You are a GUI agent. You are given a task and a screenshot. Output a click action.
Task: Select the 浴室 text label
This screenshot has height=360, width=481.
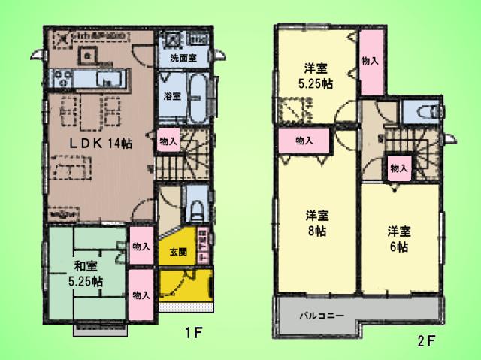(171, 96)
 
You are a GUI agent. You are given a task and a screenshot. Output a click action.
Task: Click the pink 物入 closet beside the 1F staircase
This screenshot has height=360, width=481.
(168, 141)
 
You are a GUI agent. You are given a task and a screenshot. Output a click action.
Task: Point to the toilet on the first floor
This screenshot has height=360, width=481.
(194, 208)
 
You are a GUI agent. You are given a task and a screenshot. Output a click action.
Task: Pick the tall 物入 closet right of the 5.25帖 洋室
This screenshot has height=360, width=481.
(370, 60)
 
